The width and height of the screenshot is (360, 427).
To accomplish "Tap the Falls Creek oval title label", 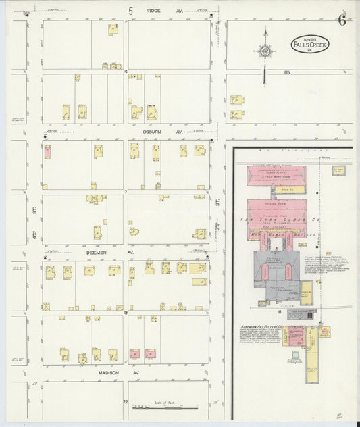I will pos(310,45).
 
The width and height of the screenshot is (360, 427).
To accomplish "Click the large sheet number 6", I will pos(342,19).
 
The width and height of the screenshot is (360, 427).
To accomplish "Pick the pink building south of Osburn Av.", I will pos(47,151).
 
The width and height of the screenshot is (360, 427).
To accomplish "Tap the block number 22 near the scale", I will pos(126,401).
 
